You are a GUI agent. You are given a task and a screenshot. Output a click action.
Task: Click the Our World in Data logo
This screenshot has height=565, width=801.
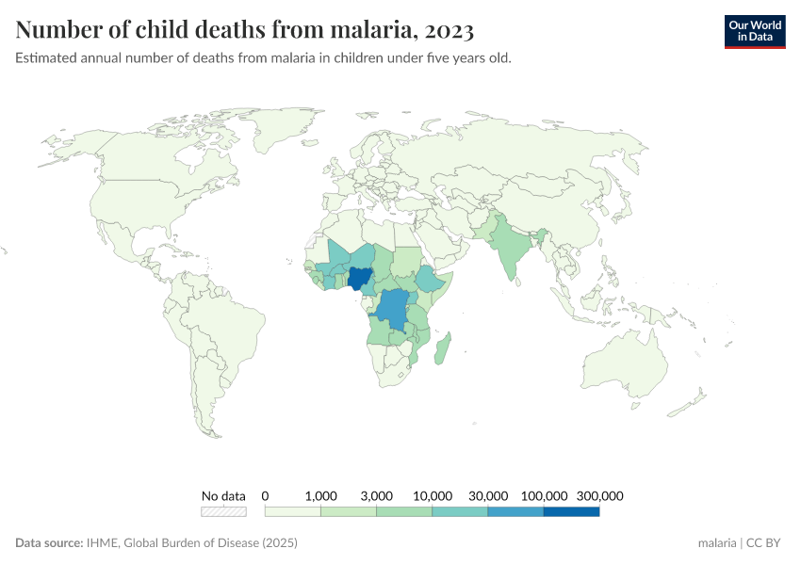[x=754, y=31]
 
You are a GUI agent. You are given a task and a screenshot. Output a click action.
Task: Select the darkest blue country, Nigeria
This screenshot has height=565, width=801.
[x=359, y=279]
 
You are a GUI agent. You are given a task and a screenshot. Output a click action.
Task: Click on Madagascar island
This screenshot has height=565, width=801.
[x=444, y=347]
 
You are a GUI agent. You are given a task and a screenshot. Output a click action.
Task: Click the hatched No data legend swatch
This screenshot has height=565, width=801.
[x=223, y=512]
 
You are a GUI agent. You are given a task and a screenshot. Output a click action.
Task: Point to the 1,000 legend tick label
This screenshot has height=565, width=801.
[x=320, y=495]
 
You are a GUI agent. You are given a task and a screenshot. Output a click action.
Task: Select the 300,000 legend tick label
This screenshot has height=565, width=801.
[x=599, y=495]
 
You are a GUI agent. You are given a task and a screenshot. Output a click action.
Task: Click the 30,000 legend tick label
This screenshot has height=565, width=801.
[x=488, y=495]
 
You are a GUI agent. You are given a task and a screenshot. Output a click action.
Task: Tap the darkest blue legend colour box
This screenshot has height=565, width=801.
[x=571, y=512]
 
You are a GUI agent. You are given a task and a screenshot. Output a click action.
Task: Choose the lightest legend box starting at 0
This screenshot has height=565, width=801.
[x=292, y=512]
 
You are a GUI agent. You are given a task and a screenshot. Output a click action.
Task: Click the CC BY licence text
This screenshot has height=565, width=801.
[x=767, y=543]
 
